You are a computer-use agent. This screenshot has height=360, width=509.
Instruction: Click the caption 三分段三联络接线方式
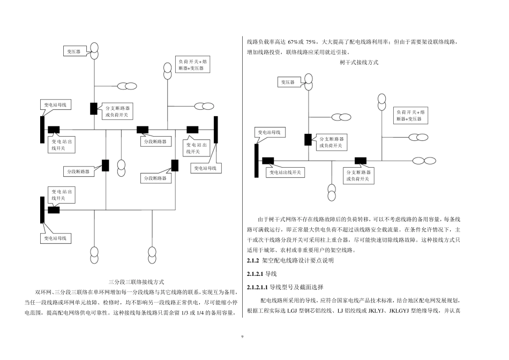136,281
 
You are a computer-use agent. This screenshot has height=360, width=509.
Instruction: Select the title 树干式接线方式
359,63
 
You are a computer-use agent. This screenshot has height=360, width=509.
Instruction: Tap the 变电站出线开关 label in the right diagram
286,172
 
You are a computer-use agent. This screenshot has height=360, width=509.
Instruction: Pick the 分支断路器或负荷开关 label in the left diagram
118,111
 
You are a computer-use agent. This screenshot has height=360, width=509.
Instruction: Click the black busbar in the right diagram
257,160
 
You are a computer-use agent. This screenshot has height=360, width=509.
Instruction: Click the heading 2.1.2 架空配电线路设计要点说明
290,261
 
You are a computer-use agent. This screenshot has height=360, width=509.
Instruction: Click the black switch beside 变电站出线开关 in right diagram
268,160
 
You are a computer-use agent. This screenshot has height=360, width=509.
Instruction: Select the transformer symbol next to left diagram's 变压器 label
94,51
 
